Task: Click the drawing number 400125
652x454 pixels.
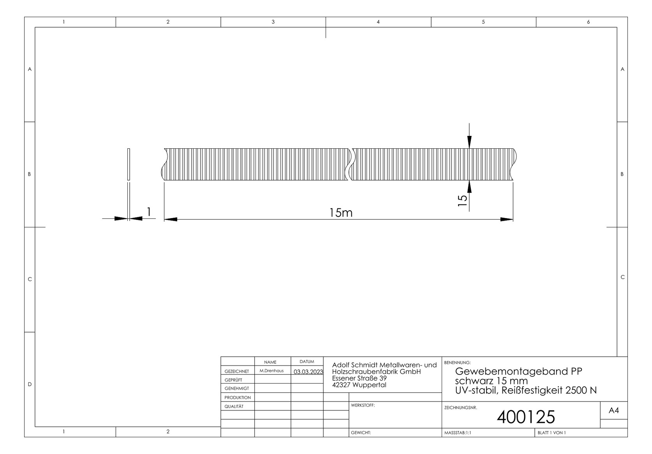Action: click(x=525, y=417)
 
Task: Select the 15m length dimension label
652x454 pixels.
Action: click(x=340, y=213)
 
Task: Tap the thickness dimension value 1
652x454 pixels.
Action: click(x=148, y=211)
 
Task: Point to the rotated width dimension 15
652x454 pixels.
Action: click(x=462, y=200)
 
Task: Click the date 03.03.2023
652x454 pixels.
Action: click(x=308, y=372)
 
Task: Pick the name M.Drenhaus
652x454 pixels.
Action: click(x=271, y=371)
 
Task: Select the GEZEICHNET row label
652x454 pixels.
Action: click(x=237, y=371)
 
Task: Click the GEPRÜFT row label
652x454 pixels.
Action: click(x=233, y=380)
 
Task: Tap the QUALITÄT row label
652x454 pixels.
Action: click(x=234, y=406)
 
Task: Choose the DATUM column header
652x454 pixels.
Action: click(x=307, y=362)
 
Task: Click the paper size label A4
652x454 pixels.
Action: click(x=613, y=410)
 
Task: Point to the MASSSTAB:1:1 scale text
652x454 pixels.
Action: click(x=458, y=433)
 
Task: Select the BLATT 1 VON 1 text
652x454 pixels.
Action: click(x=552, y=433)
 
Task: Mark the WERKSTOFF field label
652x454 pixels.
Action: click(x=363, y=405)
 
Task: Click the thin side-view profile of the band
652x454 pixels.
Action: click(x=129, y=164)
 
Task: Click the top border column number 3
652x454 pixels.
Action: click(x=273, y=22)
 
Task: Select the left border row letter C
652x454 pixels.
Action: click(x=30, y=279)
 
